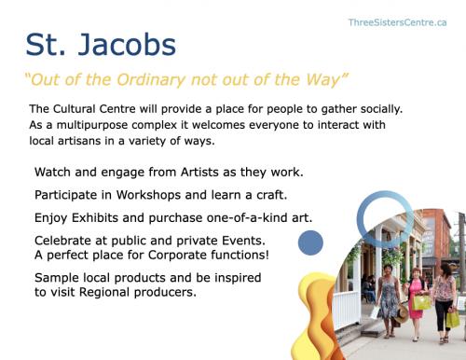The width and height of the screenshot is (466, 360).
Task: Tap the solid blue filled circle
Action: click(310, 243)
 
